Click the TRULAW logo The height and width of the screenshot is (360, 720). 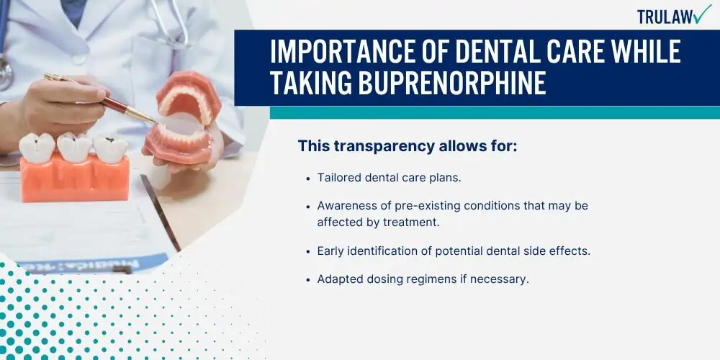(x=672, y=15)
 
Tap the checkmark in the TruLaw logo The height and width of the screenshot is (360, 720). (x=701, y=14)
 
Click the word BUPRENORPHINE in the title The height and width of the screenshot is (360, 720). (x=408, y=84)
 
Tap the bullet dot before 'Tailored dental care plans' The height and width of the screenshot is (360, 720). (x=308, y=178)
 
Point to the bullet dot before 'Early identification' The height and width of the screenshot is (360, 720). (x=308, y=251)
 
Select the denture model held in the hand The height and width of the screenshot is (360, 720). (x=183, y=119)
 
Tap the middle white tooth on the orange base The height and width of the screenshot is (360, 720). (x=74, y=145)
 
